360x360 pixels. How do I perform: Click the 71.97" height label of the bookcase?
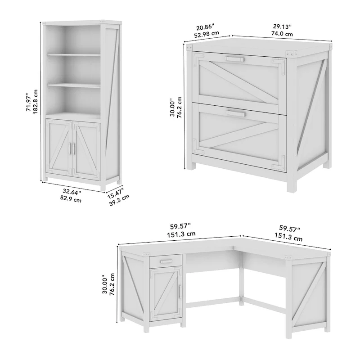28,102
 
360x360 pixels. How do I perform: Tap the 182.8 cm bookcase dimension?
36,102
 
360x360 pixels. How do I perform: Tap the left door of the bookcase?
59,150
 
